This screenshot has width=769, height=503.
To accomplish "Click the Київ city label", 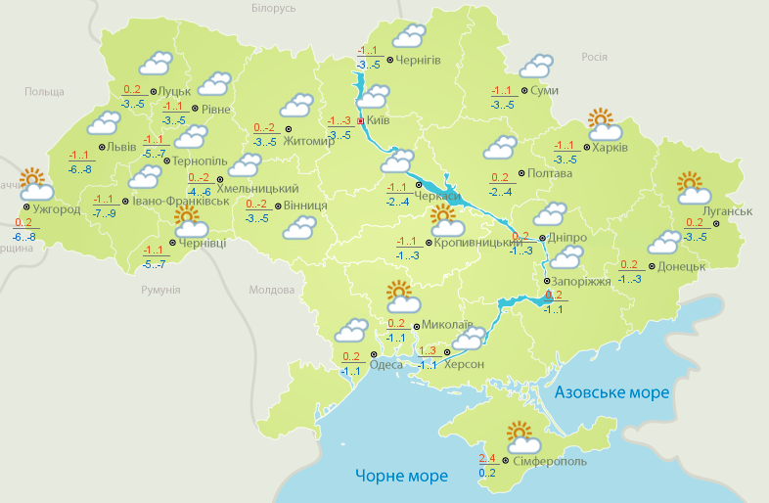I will click(378, 120).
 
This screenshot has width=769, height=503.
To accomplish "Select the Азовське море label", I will click(611, 391).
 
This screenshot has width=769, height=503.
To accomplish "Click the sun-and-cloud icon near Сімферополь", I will click(520, 434).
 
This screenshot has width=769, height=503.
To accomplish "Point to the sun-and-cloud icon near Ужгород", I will click(35, 184).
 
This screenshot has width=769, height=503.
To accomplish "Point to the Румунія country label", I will click(160, 291).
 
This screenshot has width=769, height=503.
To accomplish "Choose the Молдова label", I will click(271, 291).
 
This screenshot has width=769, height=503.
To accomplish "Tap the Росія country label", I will click(595, 57).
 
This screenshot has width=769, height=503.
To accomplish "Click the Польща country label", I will click(43, 91).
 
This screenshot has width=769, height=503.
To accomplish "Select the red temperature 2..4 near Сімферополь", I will click(487, 458).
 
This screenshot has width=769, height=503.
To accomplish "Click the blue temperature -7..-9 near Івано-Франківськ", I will click(104, 213).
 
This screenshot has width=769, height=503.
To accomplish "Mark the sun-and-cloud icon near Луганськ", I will click(691, 186).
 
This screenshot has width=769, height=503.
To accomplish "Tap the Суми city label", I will click(545, 90).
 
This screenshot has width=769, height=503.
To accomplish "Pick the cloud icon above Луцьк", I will click(155, 65).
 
